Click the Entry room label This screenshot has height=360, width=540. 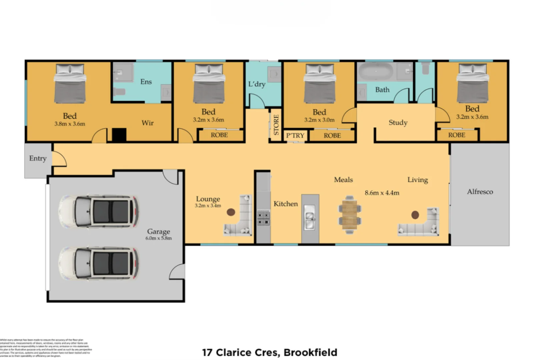tap(38, 158)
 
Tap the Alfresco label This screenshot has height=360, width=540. tap(480, 192)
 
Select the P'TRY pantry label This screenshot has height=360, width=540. tap(295, 135)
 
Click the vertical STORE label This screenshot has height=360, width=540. tap(276, 125)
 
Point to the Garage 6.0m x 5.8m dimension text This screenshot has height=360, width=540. tap(158, 238)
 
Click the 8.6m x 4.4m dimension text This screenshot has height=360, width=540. tap(382, 193)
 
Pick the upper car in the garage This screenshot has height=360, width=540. tap(99, 212)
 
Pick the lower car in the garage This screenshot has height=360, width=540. tap(99, 263)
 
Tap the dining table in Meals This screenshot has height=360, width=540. tap(349, 214)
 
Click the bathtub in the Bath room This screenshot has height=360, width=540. tap(376, 72)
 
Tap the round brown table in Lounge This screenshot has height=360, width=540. tap(231, 212)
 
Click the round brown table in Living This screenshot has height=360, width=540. tap(415, 215)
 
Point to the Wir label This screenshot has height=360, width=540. tap(148, 123)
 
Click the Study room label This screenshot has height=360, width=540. tap(398, 122)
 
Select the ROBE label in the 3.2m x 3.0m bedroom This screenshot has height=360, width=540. tap(332, 136)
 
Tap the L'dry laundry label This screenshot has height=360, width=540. tap(257, 84)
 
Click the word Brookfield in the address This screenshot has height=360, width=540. tap(310, 352)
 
